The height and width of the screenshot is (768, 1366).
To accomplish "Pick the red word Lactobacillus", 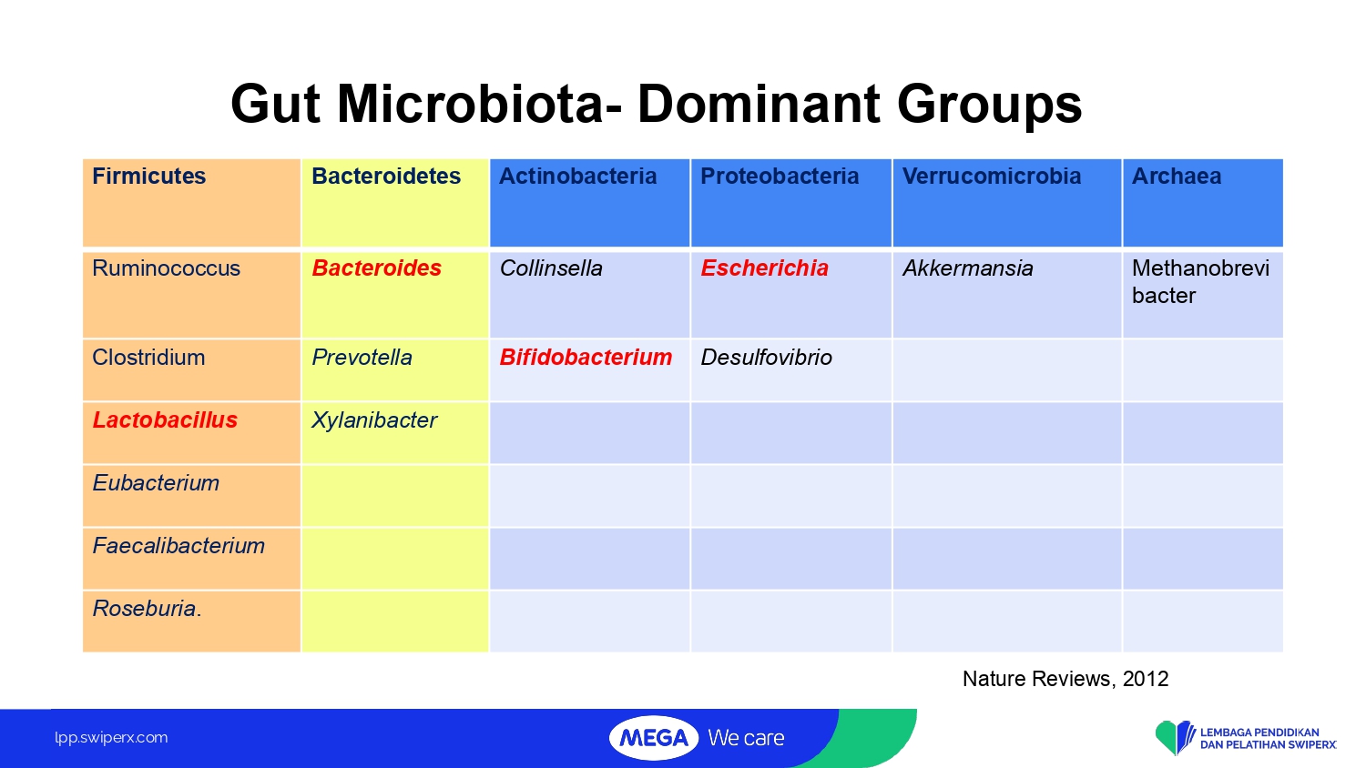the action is click(165, 420).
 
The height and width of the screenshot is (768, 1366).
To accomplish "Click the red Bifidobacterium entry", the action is click(586, 358).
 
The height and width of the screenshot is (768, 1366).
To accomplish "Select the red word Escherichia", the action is click(764, 268).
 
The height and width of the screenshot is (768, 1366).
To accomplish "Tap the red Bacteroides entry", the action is click(376, 268).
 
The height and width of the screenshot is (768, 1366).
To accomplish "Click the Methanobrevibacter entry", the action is click(1200, 281).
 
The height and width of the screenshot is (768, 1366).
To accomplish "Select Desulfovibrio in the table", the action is click(766, 358).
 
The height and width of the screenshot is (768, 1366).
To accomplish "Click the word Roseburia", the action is click(147, 609).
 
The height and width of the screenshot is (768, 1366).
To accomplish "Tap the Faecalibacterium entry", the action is click(178, 546).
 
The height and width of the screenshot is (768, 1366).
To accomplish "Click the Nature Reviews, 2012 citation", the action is click(1065, 679).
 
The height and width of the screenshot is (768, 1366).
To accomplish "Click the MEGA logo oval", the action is click(654, 738).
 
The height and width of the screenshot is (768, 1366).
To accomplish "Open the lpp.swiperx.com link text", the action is click(111, 738).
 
